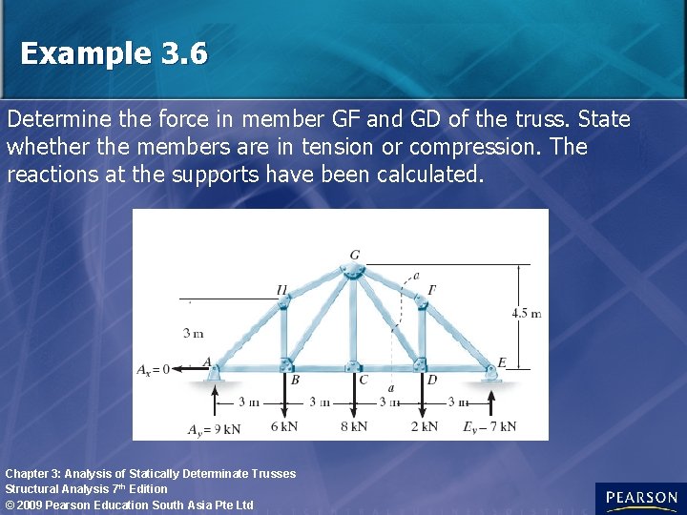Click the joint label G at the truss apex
click(355, 255)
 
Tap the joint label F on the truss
click(432, 290)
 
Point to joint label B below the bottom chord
click(295, 379)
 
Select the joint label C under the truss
click(363, 380)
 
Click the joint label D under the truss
click(431, 380)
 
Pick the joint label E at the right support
click(501, 362)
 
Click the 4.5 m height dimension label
click(526, 313)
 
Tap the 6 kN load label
click(283, 426)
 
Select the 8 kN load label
click(353, 426)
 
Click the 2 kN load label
click(424, 426)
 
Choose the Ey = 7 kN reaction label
click(489, 426)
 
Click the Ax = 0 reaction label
click(153, 369)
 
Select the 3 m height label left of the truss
click(193, 333)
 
